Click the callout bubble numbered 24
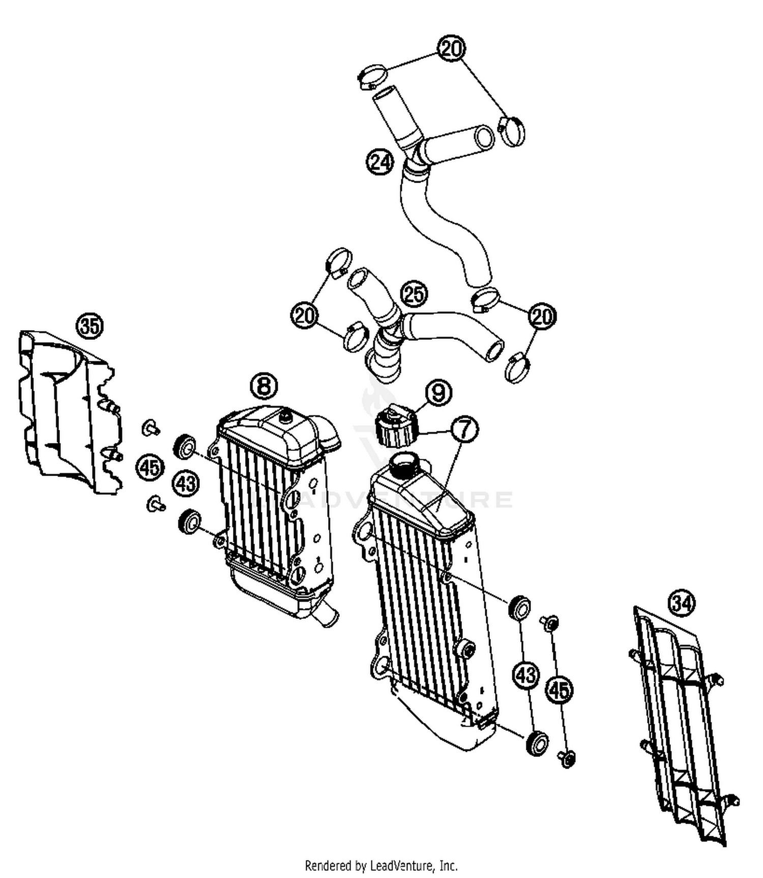(x=380, y=162)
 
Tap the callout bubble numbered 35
(x=90, y=326)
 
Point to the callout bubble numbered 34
(x=682, y=603)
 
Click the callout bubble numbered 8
(x=264, y=386)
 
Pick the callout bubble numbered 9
(x=438, y=392)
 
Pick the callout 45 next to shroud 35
(x=150, y=467)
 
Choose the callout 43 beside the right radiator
(x=526, y=675)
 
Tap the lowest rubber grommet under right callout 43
(x=537, y=742)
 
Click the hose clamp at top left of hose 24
(x=372, y=77)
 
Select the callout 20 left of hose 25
(x=304, y=316)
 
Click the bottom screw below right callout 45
(x=567, y=758)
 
